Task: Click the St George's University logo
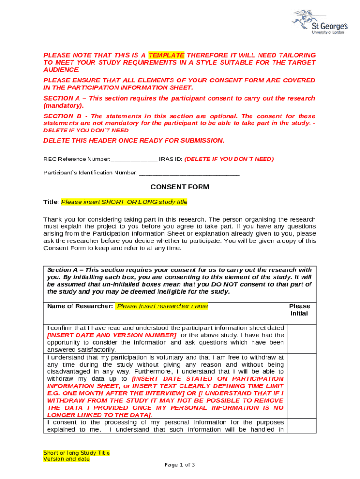click(x=319, y=22)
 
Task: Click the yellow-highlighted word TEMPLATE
click(x=166, y=55)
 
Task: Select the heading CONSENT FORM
click(x=180, y=187)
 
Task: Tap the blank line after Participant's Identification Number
click(x=189, y=173)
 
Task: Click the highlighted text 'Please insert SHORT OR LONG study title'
click(x=124, y=202)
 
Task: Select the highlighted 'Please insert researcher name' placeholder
click(x=162, y=306)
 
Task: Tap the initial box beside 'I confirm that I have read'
click(x=302, y=338)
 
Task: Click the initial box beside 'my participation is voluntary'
click(x=302, y=385)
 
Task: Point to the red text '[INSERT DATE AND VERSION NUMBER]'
click(x=112, y=335)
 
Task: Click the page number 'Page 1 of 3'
click(x=180, y=465)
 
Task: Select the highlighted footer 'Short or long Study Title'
click(x=77, y=453)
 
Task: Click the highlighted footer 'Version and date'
click(x=66, y=459)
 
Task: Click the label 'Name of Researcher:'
click(x=80, y=306)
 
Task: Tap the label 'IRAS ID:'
click(x=171, y=159)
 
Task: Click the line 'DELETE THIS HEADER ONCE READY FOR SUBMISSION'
click(x=134, y=140)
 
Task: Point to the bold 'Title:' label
click(x=51, y=202)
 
